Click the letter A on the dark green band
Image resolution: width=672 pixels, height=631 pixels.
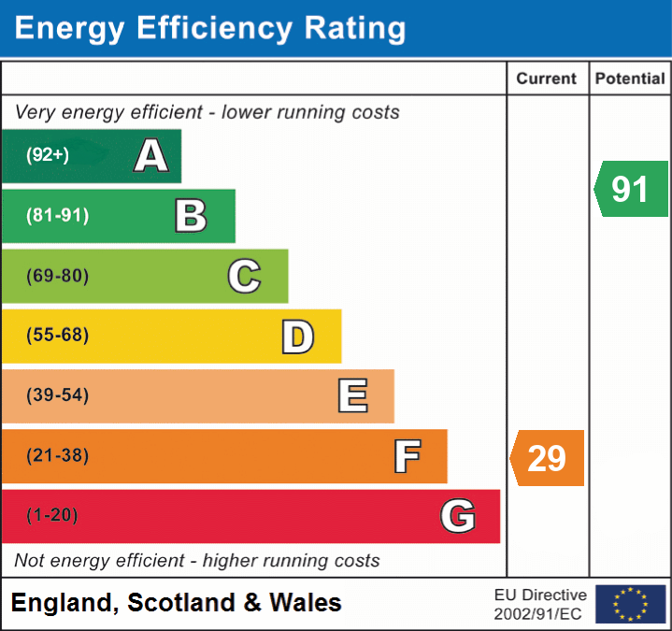tap(151, 155)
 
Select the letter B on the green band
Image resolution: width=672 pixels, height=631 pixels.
tap(191, 216)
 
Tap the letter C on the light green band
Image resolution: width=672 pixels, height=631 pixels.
tap(244, 276)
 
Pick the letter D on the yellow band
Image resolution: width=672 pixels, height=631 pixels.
tap(297, 337)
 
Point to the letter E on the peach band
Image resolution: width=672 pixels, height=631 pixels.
tap(352, 395)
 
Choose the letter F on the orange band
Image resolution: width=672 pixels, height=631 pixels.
tap(407, 456)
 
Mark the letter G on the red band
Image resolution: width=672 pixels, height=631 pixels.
tap(458, 515)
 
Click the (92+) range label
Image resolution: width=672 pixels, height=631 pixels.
tap(48, 155)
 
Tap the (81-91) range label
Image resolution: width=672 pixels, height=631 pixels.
tap(57, 216)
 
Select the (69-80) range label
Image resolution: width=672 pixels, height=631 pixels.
tap(57, 276)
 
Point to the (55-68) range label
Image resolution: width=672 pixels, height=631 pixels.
tap(57, 336)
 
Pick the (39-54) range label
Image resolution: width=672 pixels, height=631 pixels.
tap(57, 395)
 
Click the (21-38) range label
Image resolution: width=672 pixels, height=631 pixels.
tap(57, 456)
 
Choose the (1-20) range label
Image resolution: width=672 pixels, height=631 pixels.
tap(52, 515)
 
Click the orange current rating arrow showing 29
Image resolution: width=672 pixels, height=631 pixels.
tap(547, 458)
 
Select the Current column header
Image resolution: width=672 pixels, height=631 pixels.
tap(547, 79)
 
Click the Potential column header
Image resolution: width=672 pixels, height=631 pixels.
tap(630, 79)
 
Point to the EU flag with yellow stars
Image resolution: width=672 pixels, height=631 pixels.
tap(630, 604)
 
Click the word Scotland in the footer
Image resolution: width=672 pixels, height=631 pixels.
tap(181, 603)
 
